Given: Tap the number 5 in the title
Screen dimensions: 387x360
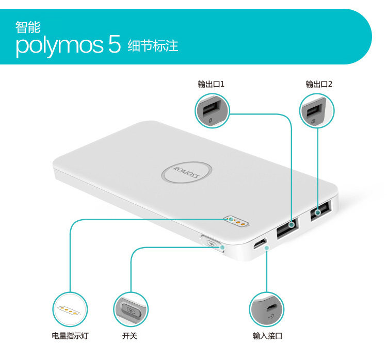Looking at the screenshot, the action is click(114, 45).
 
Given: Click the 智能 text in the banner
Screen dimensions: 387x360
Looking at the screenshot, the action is click(28, 26).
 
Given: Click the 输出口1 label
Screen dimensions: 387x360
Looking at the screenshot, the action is click(211, 84).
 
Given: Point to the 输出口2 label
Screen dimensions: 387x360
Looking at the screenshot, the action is click(319, 84).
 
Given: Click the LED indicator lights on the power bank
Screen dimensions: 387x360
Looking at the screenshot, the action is click(236, 221).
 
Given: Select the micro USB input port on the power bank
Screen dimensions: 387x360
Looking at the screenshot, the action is click(260, 243).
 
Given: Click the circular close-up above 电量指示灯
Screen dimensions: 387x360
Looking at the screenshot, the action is click(70, 309).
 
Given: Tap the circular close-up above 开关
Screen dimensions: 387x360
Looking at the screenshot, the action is click(131, 309).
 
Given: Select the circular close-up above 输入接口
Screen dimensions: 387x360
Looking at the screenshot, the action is click(267, 309).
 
